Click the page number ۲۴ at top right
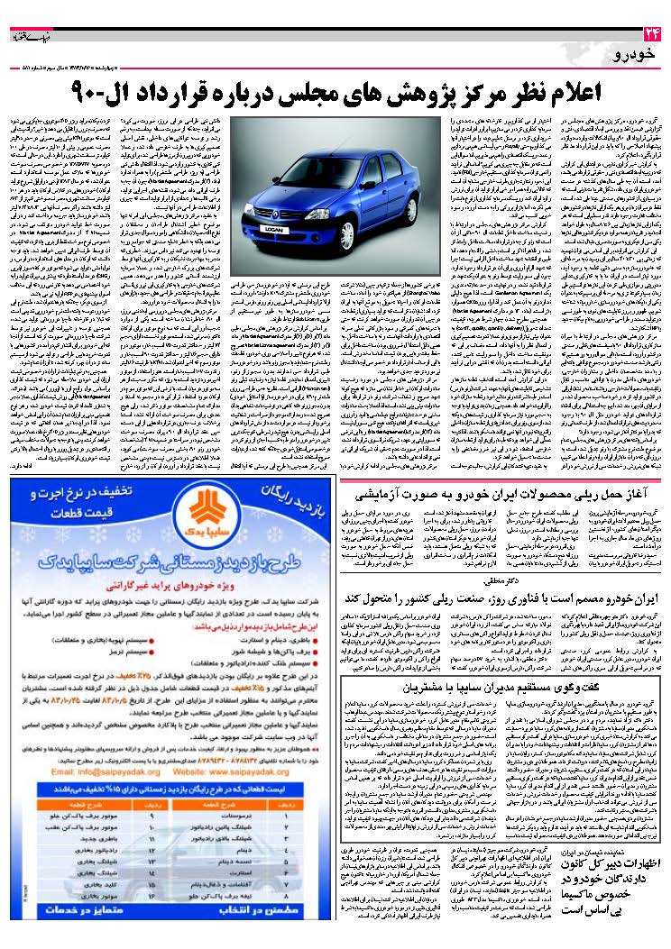[x=652, y=34]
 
